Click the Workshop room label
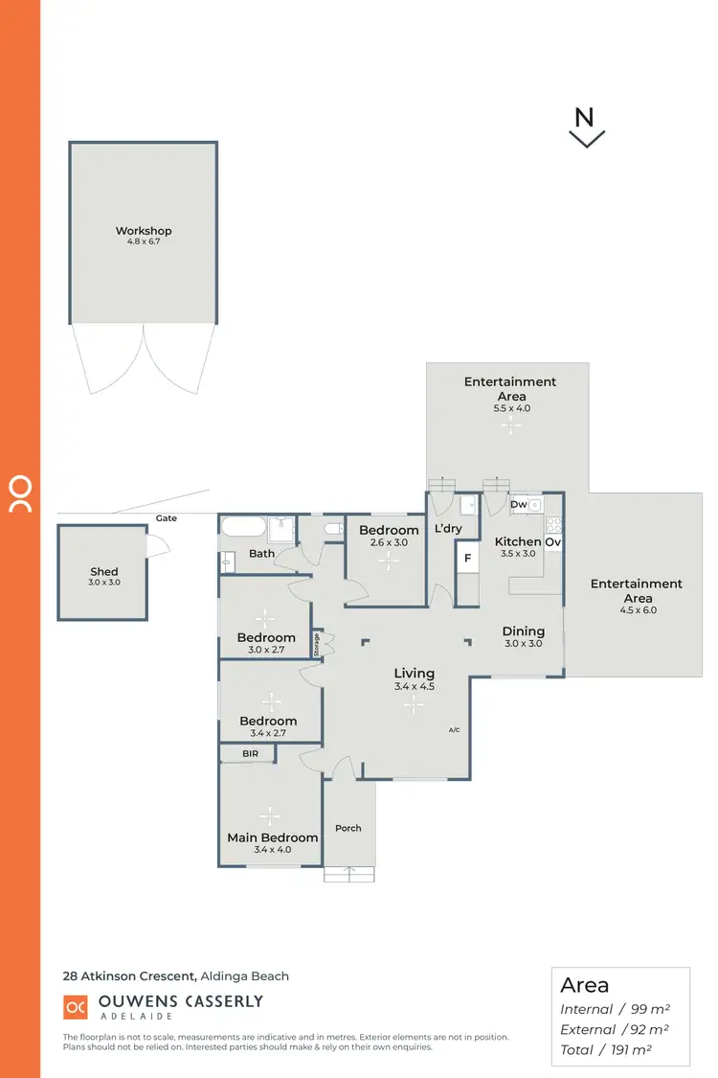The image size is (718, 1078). [144, 231]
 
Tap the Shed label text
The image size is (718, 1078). [104, 572]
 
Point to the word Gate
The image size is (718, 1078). [168, 518]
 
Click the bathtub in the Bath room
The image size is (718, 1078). [243, 526]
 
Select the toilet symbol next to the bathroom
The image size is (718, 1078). [332, 529]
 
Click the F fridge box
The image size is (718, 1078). [467, 558]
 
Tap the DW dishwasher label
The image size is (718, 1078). [518, 504]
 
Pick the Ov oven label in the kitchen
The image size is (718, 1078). [552, 542]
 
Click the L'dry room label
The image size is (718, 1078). [448, 529]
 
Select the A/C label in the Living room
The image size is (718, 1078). [454, 730]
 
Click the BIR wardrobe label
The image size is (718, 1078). [250, 755]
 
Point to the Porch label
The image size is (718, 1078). [348, 828]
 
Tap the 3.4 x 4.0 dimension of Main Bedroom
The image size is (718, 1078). [272, 850]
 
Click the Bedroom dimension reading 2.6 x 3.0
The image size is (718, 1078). [389, 542]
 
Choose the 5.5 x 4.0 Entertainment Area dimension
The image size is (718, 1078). [511, 408]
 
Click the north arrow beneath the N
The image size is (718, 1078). [586, 140]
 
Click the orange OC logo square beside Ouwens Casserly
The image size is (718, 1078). [76, 1007]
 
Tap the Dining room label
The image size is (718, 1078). [523, 631]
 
